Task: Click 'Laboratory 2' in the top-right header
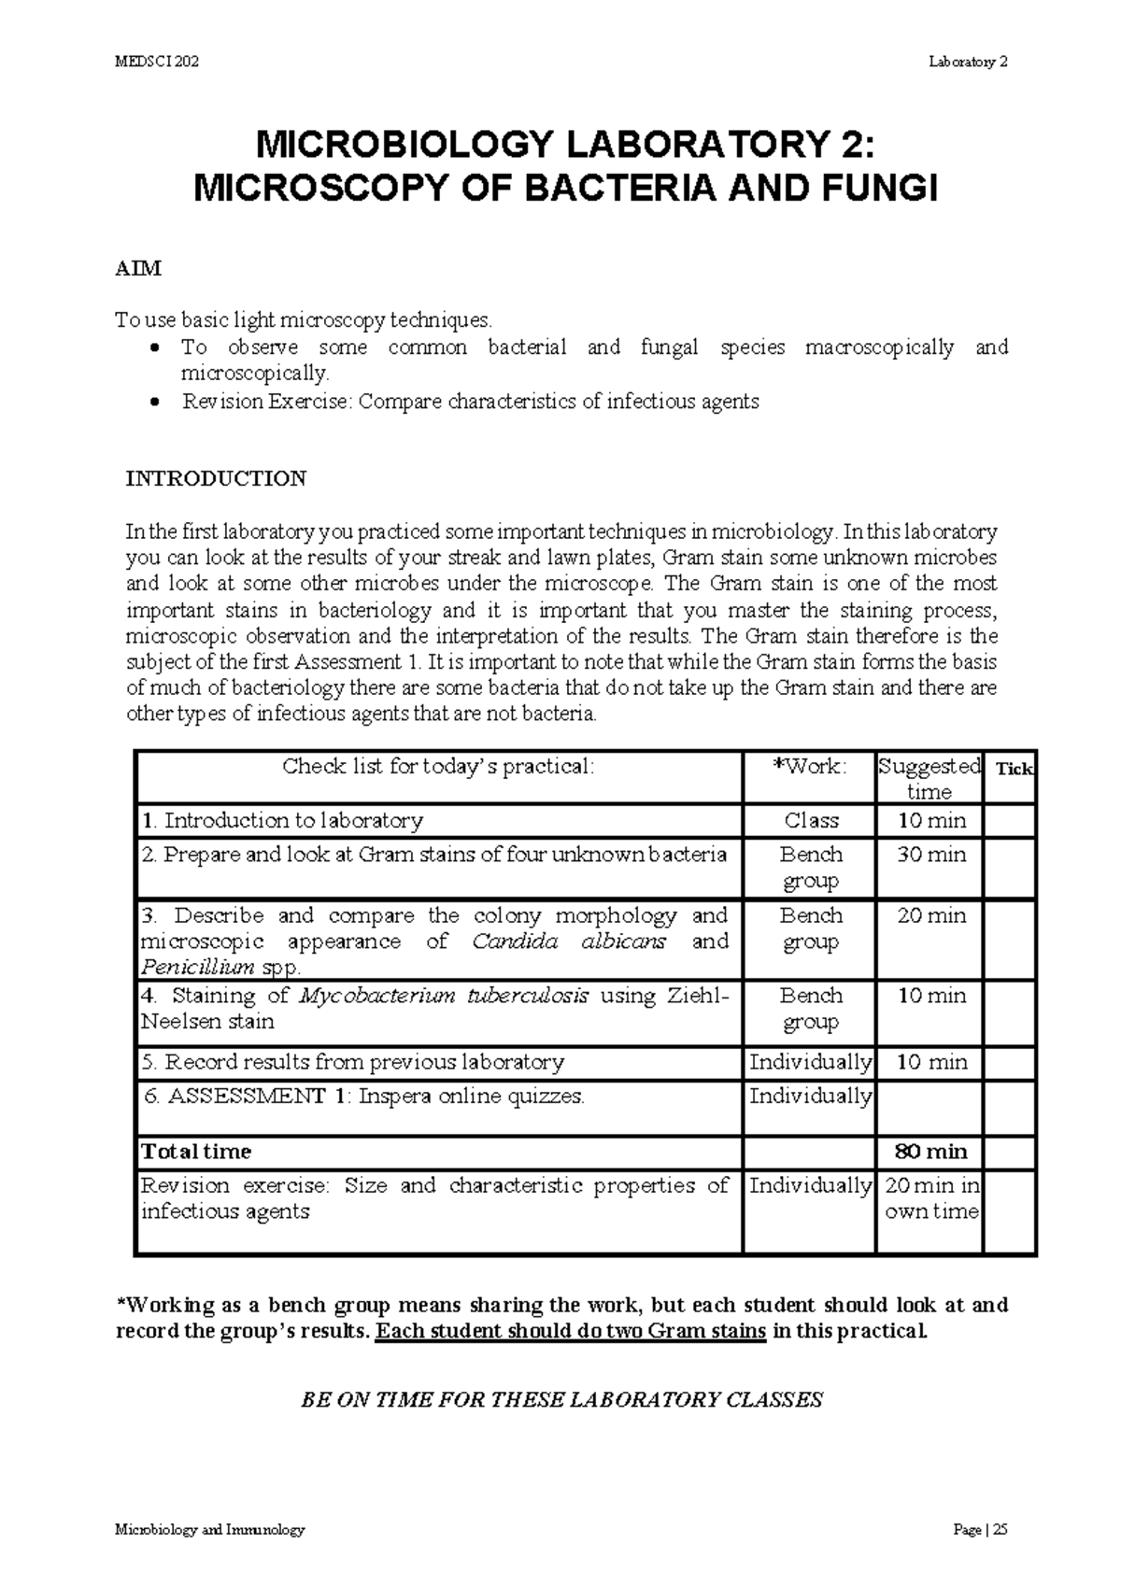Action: point(968,63)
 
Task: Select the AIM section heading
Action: point(137,269)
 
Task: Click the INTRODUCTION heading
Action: point(216,479)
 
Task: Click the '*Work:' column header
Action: point(810,767)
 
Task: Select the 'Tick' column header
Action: point(1014,769)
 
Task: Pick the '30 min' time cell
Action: point(930,855)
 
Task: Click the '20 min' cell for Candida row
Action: point(930,916)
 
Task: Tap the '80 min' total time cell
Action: point(930,1152)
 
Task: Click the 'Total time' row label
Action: point(195,1152)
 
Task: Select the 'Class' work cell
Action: point(811,821)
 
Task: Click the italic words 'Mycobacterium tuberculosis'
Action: point(444,996)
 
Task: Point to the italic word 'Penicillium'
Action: point(197,968)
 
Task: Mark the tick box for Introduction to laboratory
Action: point(1010,821)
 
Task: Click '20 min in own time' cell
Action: point(930,1198)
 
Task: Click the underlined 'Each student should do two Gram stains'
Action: point(571,1331)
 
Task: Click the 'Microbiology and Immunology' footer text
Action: point(210,1531)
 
